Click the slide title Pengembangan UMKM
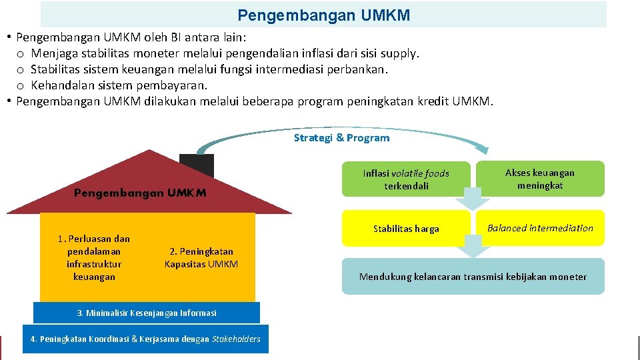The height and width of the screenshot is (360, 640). point(324,15)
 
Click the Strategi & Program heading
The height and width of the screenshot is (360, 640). point(341,138)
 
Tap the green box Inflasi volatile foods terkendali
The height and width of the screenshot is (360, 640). point(406,179)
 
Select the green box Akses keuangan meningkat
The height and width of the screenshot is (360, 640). point(539,179)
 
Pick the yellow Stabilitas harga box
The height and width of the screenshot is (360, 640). point(406,229)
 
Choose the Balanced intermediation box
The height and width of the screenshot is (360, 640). point(539,228)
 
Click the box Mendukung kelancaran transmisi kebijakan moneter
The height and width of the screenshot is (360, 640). point(473,277)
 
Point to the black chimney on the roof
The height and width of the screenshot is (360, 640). point(197,165)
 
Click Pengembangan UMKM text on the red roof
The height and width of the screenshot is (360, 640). point(140,193)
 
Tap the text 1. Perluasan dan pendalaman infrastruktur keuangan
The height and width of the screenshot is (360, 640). point(94,257)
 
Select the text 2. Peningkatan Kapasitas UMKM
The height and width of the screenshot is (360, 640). point(201,257)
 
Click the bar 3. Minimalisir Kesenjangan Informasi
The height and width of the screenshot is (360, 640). point(146,313)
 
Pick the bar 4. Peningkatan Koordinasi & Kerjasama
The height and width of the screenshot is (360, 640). point(145,339)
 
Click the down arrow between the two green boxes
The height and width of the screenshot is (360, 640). point(473,199)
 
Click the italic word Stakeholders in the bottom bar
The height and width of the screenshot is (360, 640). point(236,339)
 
